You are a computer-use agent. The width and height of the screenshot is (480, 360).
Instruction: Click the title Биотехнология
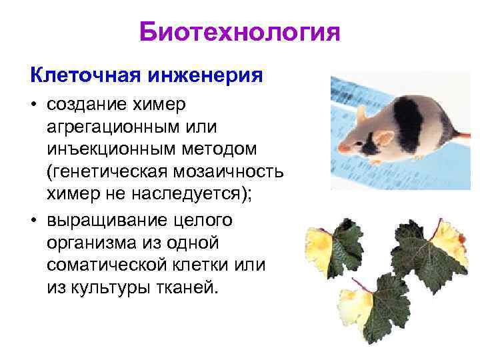pyautogui.click(x=240, y=31)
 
